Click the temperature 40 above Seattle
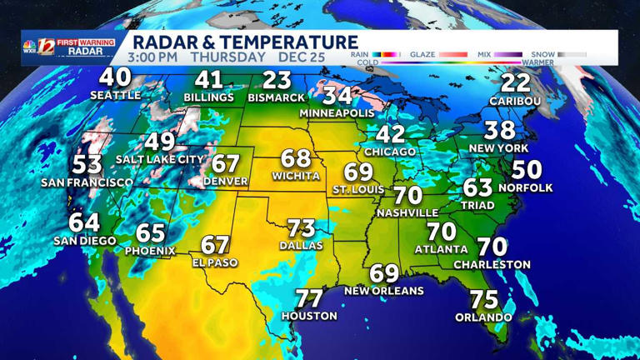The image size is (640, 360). coord(115,77)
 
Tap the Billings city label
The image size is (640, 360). coord(209,98)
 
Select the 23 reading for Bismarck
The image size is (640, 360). coord(277,81)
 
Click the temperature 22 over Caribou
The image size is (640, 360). coord(516,83)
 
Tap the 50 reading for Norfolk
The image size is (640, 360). coord(527,170)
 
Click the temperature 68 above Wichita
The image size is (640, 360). coord(296,158)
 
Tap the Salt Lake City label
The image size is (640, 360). coord(160,159)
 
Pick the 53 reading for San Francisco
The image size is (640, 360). coord(87,164)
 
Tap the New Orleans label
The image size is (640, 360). coord(384,291)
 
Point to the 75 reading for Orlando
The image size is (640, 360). coord(483,300)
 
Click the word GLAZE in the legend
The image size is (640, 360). coord(422,55)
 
